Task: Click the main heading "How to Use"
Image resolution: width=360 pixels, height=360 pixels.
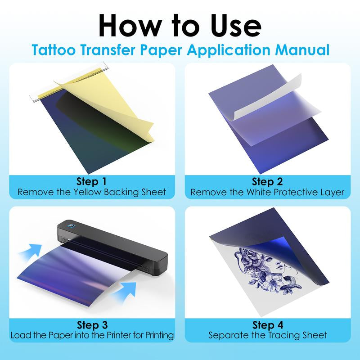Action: point(180,25)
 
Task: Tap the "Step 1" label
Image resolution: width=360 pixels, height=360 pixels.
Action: point(92,181)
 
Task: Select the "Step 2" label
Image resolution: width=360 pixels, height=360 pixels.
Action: point(267,181)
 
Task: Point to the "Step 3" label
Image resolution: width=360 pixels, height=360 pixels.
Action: point(92,325)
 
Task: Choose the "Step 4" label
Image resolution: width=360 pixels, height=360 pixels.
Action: point(268,325)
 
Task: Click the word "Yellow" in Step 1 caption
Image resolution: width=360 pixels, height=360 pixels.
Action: point(87,192)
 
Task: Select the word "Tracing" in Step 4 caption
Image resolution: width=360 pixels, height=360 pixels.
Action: point(284,335)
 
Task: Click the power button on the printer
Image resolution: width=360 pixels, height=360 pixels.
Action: point(71,226)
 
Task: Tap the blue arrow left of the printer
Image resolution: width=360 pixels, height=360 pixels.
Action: point(31,252)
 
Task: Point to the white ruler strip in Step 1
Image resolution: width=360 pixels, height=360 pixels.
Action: point(69,82)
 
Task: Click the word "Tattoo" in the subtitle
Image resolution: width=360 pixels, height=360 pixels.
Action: point(54,50)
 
